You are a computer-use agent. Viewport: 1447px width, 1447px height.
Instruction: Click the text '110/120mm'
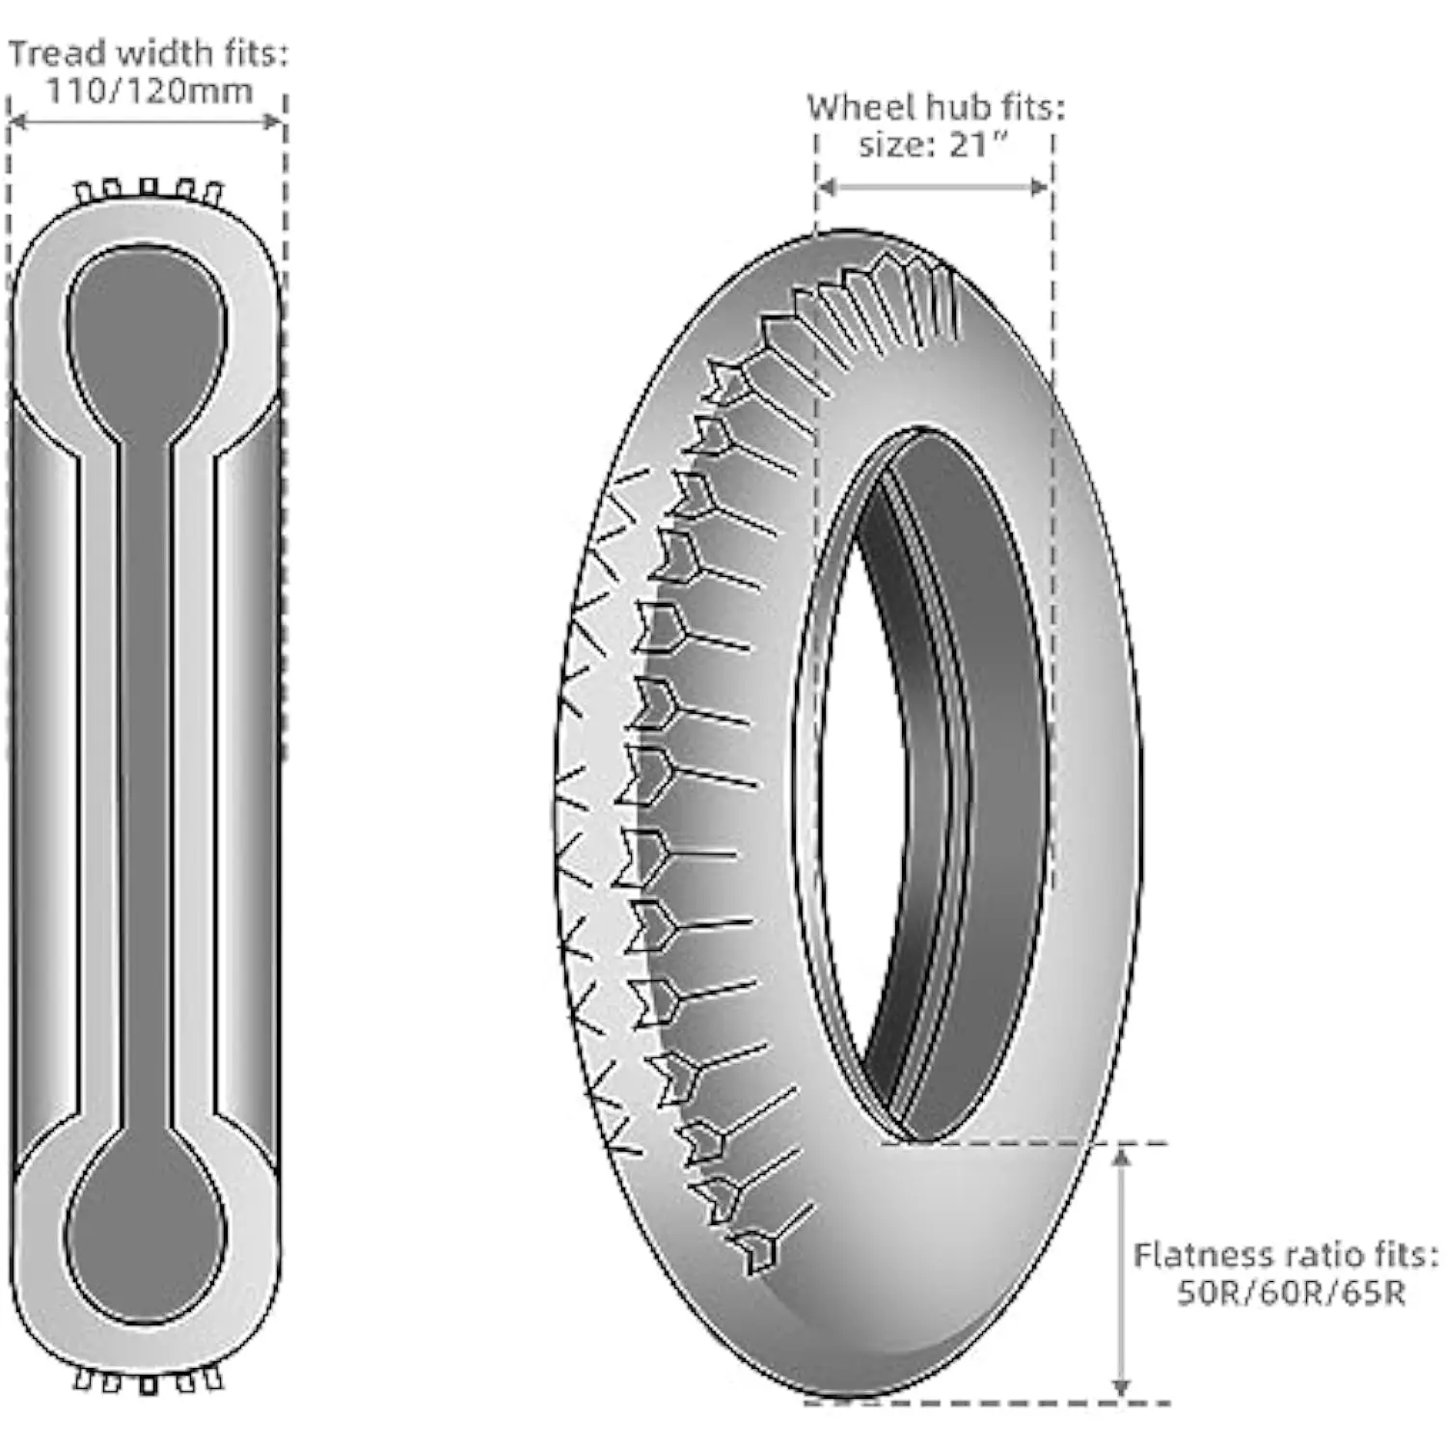coord(149,92)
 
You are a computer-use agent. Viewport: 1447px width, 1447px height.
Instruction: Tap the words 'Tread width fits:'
coord(149,53)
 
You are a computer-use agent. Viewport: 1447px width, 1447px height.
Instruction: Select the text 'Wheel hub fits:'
coord(936,106)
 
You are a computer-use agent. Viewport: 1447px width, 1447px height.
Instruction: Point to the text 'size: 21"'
coord(934,145)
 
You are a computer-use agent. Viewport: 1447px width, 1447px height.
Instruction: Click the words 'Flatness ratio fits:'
coord(1285,1255)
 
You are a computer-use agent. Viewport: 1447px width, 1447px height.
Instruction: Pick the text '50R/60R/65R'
coord(1291,1293)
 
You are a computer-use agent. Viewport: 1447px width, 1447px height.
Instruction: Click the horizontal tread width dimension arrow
coord(147,122)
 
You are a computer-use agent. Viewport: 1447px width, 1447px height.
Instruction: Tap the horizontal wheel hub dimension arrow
coord(933,186)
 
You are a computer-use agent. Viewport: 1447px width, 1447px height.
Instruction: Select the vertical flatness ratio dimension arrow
coord(1120,1271)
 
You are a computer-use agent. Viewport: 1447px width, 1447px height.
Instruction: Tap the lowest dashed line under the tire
coord(988,1403)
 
